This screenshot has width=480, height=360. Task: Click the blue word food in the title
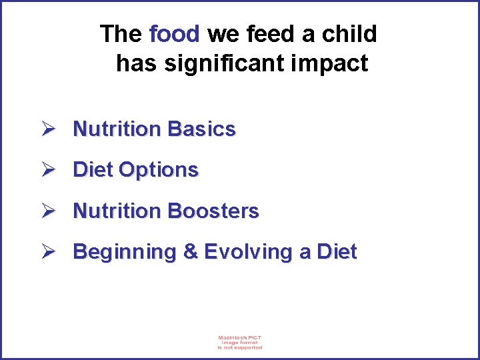click(x=175, y=33)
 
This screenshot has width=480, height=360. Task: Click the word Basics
click(x=202, y=129)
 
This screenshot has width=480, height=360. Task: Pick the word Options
click(x=159, y=170)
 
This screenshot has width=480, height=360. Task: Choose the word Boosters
click(x=213, y=211)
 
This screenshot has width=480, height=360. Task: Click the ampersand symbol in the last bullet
click(x=190, y=252)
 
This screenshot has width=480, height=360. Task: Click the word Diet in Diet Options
click(x=93, y=170)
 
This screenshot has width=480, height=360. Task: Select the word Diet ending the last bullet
click(x=337, y=252)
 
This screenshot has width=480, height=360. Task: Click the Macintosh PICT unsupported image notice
click(x=240, y=342)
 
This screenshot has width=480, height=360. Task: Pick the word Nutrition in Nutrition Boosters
click(x=117, y=211)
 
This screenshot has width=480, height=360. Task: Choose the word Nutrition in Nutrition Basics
click(x=117, y=129)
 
